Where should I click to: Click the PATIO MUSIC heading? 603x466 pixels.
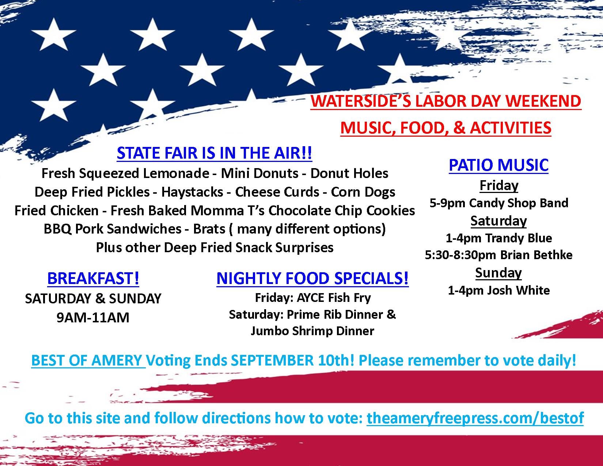click(x=498, y=165)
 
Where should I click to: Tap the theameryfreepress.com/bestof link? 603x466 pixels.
click(x=475, y=418)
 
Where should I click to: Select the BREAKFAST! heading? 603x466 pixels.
click(x=93, y=278)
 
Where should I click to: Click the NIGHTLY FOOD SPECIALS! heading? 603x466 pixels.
click(x=312, y=278)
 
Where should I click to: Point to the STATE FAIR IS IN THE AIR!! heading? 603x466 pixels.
click(x=214, y=153)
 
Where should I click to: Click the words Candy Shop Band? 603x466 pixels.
click(x=519, y=203)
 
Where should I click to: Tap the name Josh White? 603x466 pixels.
click(x=519, y=290)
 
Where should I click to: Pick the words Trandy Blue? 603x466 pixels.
click(x=519, y=238)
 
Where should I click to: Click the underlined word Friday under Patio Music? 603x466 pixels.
click(x=499, y=185)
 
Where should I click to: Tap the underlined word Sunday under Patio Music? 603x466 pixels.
click(x=498, y=273)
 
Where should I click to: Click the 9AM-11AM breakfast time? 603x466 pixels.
click(x=93, y=318)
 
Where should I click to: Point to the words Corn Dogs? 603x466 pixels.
click(x=363, y=192)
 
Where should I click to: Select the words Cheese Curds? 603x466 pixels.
click(x=277, y=192)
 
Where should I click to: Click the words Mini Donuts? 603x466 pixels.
click(x=260, y=174)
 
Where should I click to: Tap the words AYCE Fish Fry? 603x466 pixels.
click(x=334, y=298)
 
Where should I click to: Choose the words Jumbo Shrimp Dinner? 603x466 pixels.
click(x=312, y=331)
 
